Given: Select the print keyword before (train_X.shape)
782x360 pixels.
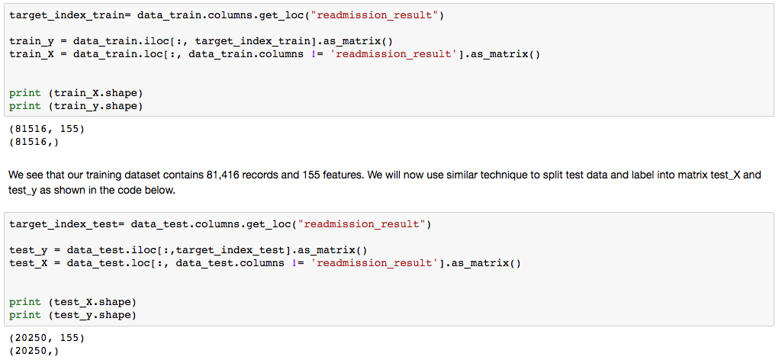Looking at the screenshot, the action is (25, 92).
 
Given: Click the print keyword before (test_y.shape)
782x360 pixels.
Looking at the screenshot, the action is (25, 314).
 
